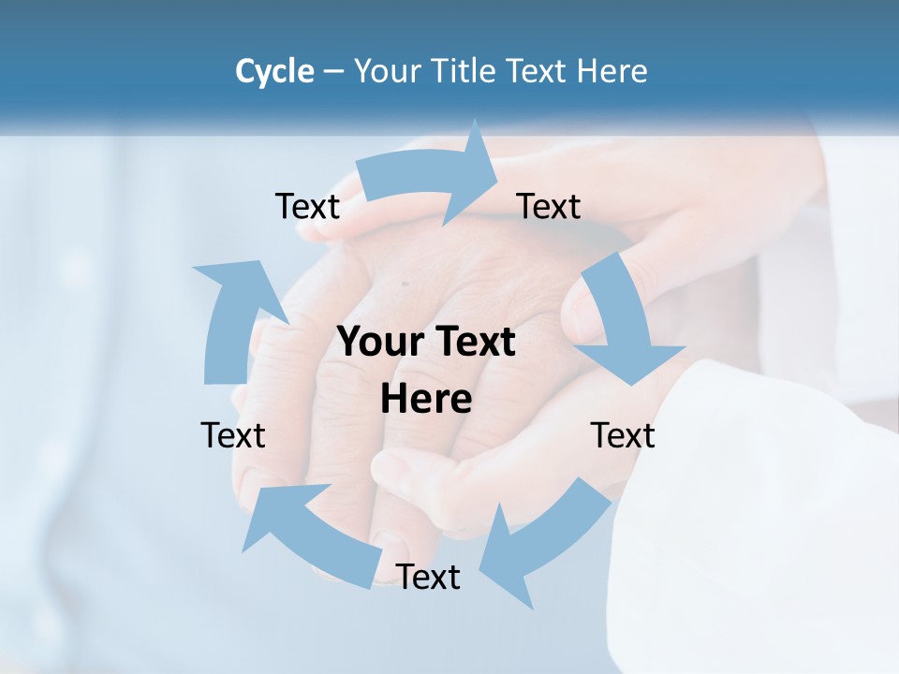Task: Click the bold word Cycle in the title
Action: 274,71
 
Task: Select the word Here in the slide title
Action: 612,71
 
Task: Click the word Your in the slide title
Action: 387,71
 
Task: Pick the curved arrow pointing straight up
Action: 234,318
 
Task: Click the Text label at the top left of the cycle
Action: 307,206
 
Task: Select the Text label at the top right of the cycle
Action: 549,206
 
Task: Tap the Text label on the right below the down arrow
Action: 623,435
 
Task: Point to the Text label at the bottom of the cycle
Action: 428,577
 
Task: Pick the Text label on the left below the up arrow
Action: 233,435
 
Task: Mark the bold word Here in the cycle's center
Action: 426,400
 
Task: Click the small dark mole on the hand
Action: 405,284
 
